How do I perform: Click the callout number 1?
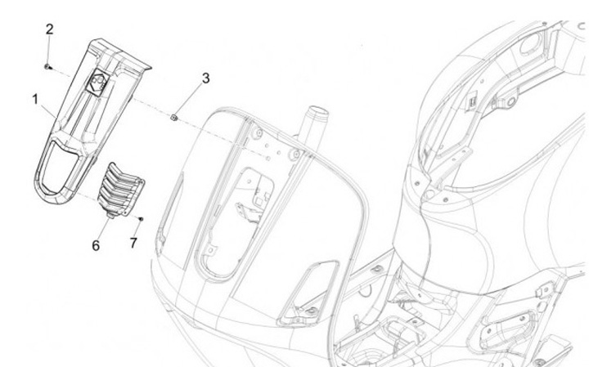pyautogui.click(x=36, y=99)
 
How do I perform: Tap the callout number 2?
pyautogui.click(x=50, y=29)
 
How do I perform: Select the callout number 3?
pyautogui.click(x=205, y=78)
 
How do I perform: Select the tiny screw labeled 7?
pyautogui.click(x=141, y=219)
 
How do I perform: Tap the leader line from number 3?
pyautogui.click(x=191, y=100)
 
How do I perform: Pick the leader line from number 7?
pyautogui.click(x=137, y=230)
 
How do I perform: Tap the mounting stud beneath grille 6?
pyautogui.click(x=110, y=214)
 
